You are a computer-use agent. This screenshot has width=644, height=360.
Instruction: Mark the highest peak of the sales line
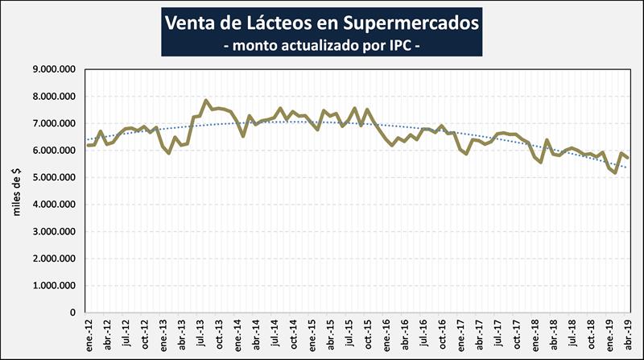tap(207, 101)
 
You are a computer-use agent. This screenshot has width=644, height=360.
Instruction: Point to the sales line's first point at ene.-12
tap(88, 145)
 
